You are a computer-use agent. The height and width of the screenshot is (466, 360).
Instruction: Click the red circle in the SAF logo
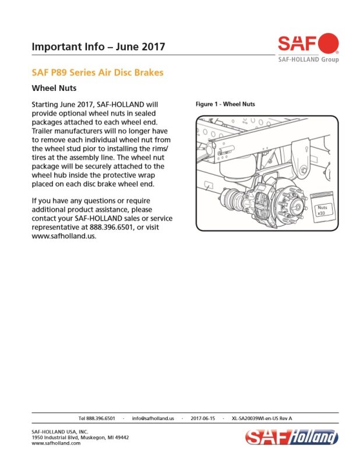[328, 43]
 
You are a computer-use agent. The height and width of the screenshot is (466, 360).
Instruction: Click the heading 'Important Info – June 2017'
[98, 47]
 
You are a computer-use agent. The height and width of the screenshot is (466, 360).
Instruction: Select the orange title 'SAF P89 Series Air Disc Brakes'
[97, 72]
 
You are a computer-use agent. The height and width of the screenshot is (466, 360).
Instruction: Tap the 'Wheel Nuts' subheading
[54, 89]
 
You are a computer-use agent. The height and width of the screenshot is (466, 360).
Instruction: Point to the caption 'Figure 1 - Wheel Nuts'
[225, 104]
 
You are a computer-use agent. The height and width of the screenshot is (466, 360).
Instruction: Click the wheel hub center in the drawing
[297, 204]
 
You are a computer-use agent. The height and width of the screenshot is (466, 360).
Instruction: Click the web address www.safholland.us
[64, 236]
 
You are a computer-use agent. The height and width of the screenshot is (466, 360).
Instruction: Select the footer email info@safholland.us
[153, 418]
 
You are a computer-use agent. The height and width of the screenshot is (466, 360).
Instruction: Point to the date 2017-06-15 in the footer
[203, 418]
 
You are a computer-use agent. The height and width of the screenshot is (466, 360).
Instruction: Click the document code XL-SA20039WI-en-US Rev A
[262, 418]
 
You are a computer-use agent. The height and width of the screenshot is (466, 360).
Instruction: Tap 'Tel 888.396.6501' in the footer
[97, 418]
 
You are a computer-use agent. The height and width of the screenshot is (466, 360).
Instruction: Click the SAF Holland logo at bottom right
[292, 437]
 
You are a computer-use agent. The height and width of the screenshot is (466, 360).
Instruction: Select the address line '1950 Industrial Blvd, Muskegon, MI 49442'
[80, 437]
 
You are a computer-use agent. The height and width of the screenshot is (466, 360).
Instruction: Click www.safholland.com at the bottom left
[56, 443]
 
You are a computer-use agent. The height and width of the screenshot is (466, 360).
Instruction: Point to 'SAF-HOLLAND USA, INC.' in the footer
[60, 432]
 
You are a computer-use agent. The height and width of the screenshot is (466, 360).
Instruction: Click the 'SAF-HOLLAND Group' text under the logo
[308, 59]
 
